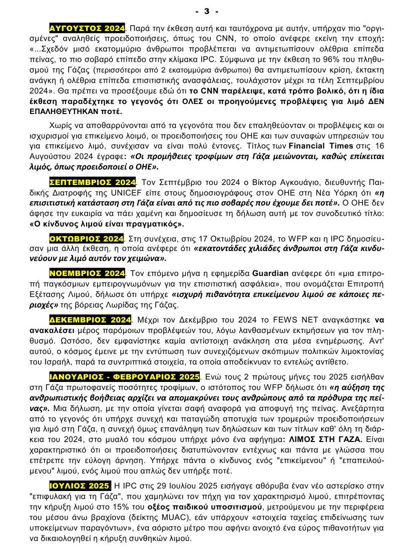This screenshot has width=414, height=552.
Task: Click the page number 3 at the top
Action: (207, 10)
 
